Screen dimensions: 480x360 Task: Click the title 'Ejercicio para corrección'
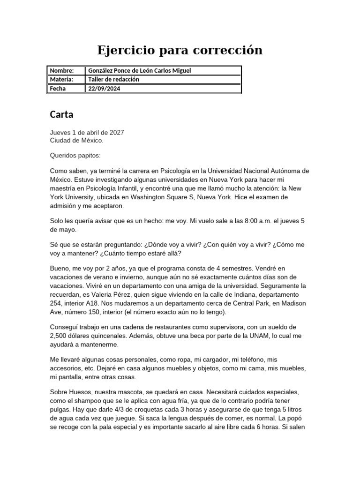(180, 50)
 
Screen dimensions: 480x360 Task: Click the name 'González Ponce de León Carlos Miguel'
(140, 70)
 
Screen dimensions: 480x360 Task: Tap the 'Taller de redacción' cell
(114, 79)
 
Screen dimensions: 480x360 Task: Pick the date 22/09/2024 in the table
(104, 88)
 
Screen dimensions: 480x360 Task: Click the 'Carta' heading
(61, 114)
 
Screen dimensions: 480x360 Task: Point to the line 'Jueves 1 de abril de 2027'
(87, 133)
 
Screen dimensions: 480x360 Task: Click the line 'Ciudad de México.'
(77, 140)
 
